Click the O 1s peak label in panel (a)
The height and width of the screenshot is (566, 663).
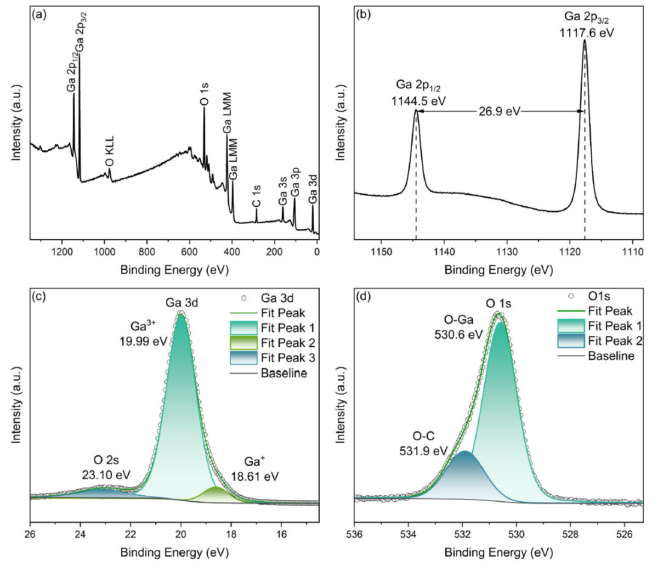(203, 94)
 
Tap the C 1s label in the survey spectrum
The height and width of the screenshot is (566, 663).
(256, 196)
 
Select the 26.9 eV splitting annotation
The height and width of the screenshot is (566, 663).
(499, 112)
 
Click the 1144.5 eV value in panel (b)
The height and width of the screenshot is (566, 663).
(418, 101)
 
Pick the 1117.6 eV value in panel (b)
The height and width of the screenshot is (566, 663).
(587, 33)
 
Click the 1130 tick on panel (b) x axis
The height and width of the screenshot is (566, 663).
(507, 252)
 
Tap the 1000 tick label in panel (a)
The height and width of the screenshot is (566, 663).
(104, 252)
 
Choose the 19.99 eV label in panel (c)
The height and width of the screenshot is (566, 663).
(143, 341)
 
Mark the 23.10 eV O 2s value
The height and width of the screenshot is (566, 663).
(106, 474)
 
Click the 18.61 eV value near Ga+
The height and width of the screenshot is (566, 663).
(254, 476)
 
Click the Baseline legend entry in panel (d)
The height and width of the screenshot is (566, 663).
(611, 356)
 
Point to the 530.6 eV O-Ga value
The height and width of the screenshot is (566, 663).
(458, 334)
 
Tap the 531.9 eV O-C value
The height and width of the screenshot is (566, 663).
(423, 451)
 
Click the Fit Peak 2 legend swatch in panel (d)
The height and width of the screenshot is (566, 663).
(570, 341)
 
